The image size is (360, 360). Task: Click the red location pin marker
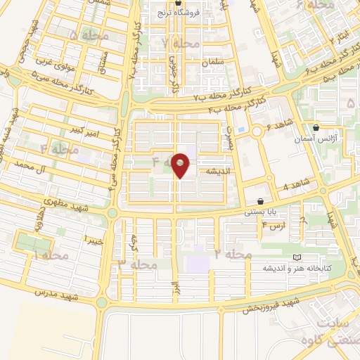(x=181, y=165)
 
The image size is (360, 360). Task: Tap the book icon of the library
(x=295, y=257)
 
